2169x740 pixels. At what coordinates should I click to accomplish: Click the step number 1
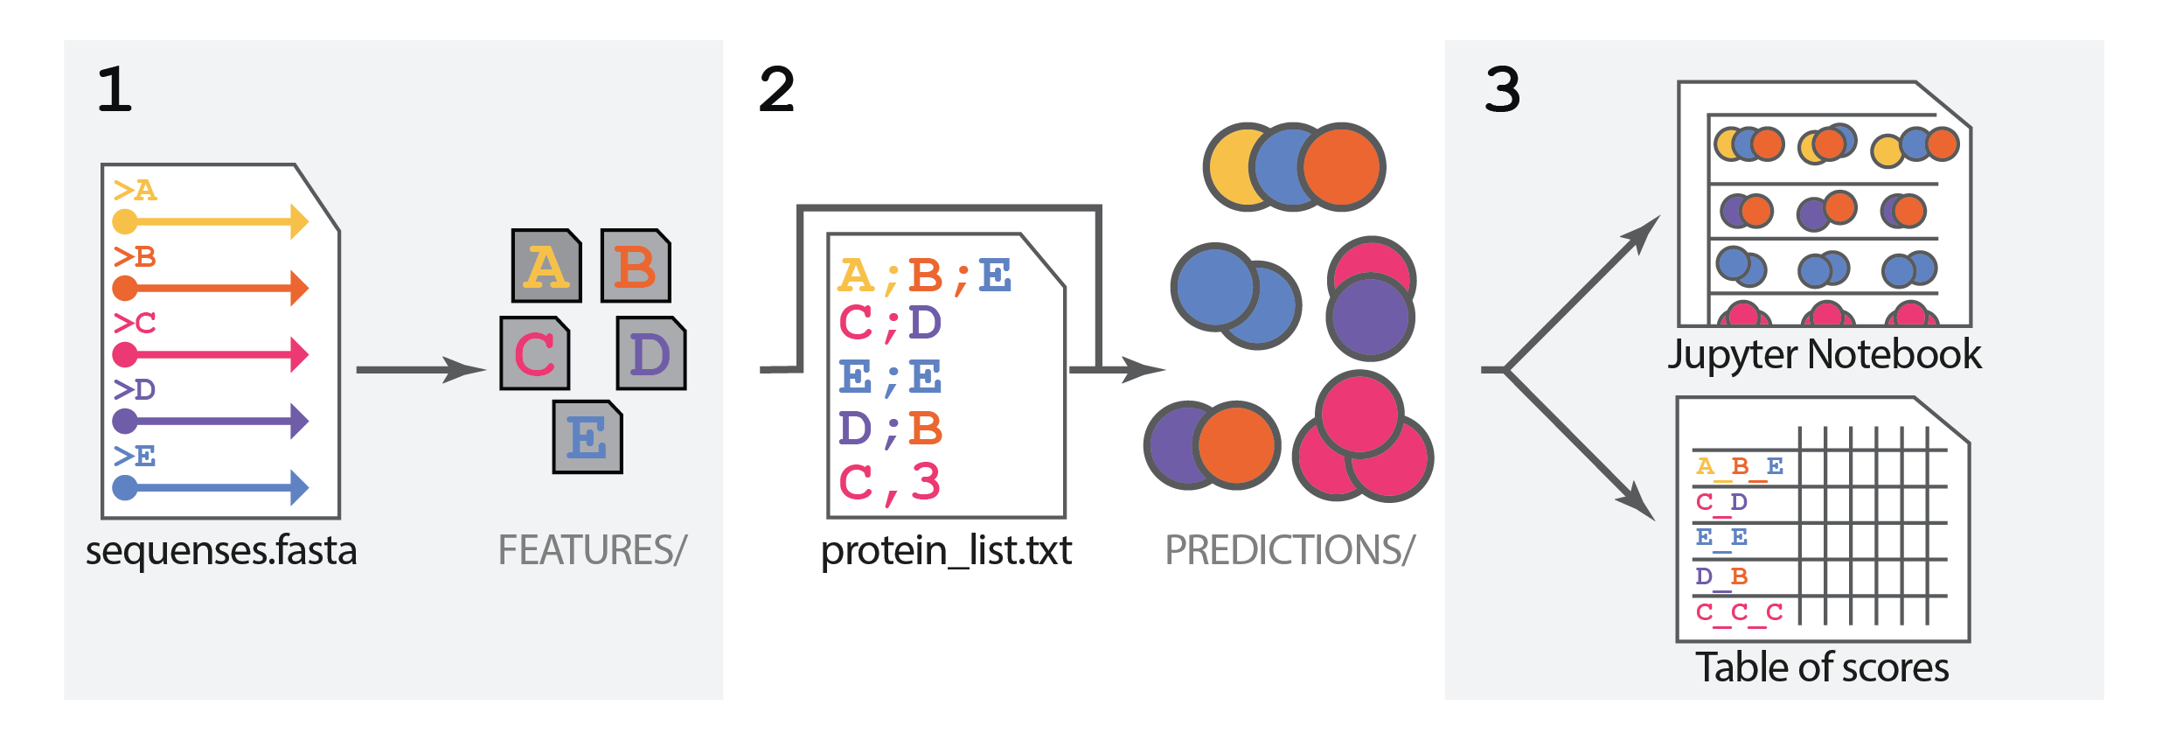115,89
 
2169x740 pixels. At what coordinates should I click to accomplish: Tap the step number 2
776,89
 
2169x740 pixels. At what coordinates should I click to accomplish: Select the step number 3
1502,89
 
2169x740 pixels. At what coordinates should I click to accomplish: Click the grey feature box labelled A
547,266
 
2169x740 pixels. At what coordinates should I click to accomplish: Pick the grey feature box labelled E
587,436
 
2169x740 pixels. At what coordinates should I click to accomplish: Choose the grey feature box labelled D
650,353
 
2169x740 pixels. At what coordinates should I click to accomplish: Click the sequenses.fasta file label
221,550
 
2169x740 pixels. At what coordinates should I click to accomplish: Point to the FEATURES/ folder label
592,550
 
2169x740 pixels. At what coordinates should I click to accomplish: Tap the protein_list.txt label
946,550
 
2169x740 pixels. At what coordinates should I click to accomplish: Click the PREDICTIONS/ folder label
1290,550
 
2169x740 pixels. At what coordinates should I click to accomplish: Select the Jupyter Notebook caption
1824,354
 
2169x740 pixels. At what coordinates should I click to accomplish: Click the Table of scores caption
1822,667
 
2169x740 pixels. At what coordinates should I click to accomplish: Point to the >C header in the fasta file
135,323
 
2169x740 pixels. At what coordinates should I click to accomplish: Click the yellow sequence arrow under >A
211,221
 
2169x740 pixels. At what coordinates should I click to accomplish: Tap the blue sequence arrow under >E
211,487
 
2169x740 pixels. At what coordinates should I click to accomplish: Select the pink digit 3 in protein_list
925,481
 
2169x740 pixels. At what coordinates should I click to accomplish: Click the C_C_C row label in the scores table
1738,611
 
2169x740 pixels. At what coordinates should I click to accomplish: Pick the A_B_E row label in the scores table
1738,466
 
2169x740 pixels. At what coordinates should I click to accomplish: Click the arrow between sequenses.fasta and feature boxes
420,370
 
